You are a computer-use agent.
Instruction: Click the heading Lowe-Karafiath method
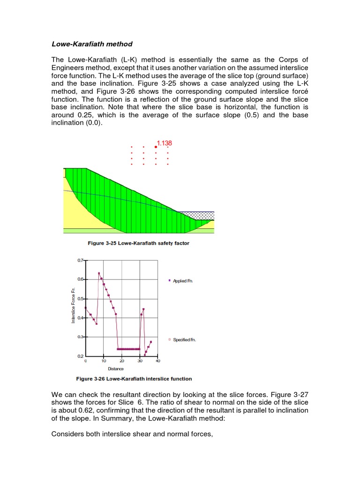click(92, 44)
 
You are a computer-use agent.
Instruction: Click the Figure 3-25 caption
click(139, 243)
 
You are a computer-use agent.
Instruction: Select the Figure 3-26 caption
click(134, 379)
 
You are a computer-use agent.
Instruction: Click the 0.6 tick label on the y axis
click(80, 279)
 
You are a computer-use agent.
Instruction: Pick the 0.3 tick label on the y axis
click(80, 337)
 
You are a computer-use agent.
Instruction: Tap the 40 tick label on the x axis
click(157, 361)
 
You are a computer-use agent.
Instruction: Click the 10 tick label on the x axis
click(104, 361)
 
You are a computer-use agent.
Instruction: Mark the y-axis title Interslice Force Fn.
click(73, 305)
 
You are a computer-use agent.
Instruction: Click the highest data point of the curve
click(99, 273)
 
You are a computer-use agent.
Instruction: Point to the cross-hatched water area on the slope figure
click(196, 215)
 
